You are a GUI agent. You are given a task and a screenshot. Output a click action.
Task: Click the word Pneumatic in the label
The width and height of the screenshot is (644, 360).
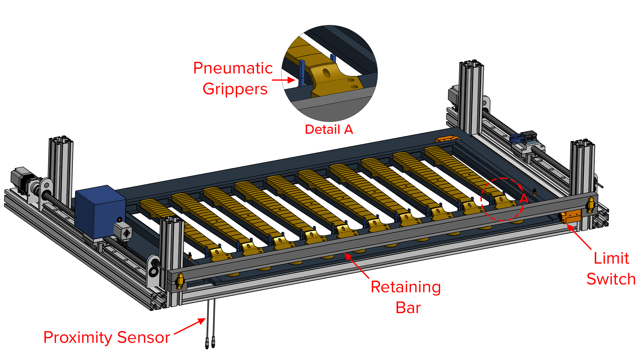[x=233, y=68]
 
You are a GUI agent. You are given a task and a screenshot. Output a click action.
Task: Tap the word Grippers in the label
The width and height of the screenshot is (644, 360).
[x=235, y=89]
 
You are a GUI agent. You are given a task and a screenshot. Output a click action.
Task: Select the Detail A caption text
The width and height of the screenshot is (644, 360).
[x=329, y=129]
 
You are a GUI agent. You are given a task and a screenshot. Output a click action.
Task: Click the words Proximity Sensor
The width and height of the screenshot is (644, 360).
[x=107, y=338]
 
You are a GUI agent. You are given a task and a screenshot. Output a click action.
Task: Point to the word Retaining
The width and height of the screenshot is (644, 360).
[x=406, y=288]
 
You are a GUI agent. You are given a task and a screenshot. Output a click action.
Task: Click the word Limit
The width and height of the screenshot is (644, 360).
[x=611, y=258]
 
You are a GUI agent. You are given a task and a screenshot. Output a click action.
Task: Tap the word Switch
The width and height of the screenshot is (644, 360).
[x=611, y=279]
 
